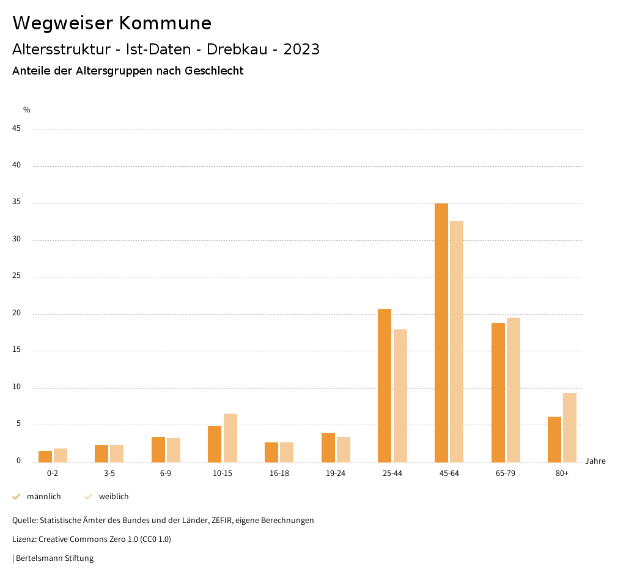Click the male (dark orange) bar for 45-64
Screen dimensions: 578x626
(441, 333)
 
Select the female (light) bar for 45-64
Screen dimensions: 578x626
(457, 342)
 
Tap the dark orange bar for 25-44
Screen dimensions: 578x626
(385, 386)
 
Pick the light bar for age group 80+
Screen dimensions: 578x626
(570, 427)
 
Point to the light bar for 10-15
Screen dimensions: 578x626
(230, 437)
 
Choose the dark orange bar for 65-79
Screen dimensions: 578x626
(498, 392)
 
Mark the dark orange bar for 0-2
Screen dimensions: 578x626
(45, 456)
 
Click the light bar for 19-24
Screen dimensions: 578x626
(344, 449)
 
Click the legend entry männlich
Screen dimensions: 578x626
(43, 497)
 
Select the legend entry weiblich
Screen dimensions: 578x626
(114, 497)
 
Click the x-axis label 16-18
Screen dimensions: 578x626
(279, 474)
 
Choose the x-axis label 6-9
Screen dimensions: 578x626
(166, 474)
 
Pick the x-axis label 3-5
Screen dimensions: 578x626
(109, 474)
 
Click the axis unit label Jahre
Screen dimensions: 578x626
(595, 461)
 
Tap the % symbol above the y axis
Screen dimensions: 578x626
(27, 110)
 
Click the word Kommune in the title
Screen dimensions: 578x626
(165, 23)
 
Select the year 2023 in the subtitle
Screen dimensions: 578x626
(301, 49)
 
